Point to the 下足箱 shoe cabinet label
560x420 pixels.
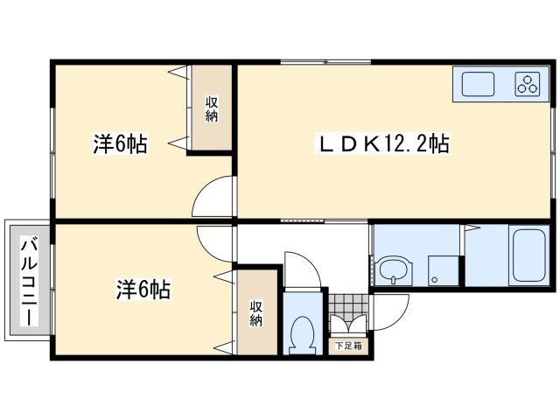tap(350, 346)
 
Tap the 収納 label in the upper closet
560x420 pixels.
tap(213, 107)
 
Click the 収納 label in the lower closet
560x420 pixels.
tap(256, 313)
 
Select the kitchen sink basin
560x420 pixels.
tap(479, 85)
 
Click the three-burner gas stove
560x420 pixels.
tap(528, 85)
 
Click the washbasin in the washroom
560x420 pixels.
tap(395, 269)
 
